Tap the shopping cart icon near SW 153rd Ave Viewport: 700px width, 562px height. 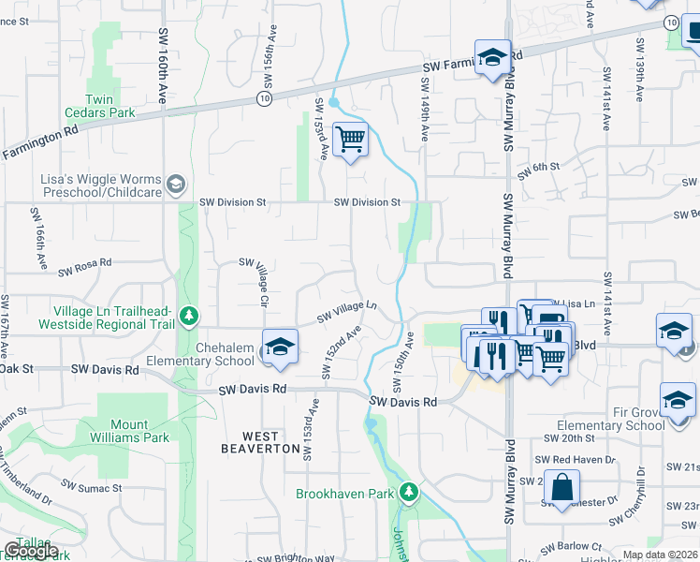coord(351,140)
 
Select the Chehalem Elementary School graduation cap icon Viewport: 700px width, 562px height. coord(279,347)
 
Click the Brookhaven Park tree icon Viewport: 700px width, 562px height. coord(408,493)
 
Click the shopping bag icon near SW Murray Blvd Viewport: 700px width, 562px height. coord(563,487)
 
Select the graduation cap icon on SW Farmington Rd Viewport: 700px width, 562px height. coord(492,58)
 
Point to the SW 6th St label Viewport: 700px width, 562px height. coord(540,167)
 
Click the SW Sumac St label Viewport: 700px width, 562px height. coord(92,487)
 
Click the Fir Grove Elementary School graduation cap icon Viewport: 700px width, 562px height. coord(677,399)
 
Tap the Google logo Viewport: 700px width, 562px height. coord(31,551)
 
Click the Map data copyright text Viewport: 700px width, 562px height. coord(661,554)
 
